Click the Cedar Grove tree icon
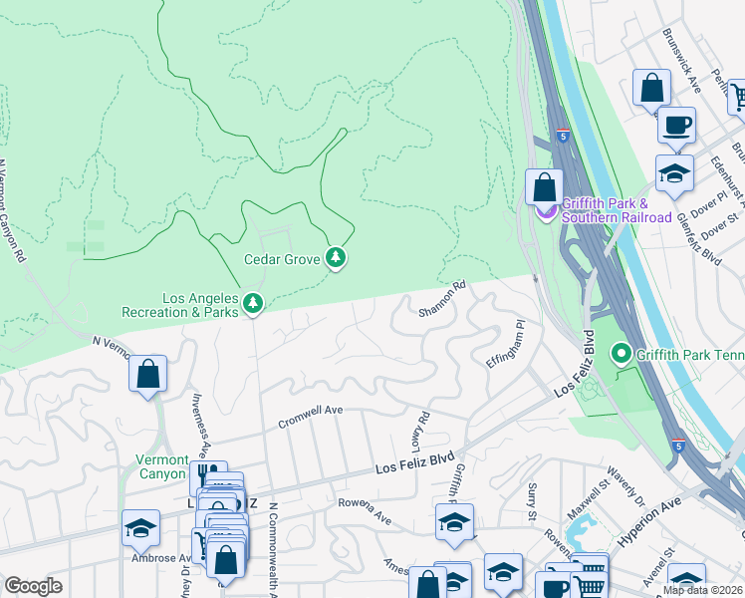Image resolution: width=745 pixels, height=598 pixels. click(336, 259)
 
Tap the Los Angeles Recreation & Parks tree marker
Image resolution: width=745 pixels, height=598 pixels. click(253, 303)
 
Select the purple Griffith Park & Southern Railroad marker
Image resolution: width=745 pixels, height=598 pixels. click(545, 210)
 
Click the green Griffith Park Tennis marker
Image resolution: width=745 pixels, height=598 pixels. click(622, 354)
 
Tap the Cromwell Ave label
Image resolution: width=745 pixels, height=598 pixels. click(310, 410)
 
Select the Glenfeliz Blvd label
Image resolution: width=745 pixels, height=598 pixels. click(697, 239)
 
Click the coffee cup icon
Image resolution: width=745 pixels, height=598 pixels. click(676, 125)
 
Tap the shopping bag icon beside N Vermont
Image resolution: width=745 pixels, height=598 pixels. click(147, 375)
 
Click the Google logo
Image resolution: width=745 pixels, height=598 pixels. click(33, 586)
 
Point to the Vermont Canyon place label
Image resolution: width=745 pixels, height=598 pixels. click(161, 466)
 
